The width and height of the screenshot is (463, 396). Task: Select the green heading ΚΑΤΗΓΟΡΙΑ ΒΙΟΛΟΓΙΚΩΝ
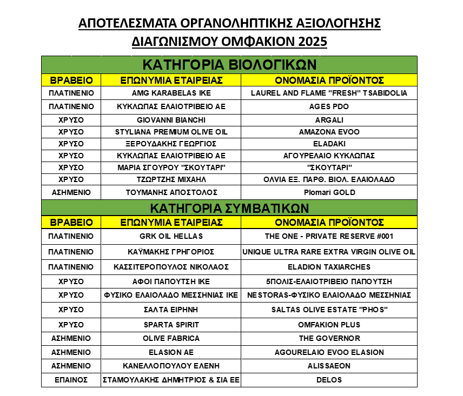[229, 64]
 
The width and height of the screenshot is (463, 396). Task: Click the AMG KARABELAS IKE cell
[171, 93]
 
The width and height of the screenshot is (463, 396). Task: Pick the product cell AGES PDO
[329, 106]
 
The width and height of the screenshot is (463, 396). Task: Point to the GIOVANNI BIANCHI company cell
[171, 120]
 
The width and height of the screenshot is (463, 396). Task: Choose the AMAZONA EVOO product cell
[329, 132]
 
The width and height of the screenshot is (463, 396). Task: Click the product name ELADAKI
[329, 144]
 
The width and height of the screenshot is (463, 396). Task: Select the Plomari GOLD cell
[329, 192]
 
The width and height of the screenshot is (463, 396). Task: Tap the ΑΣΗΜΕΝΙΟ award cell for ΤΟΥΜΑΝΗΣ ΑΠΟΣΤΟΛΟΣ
[71, 192]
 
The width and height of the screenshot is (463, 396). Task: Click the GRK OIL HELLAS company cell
[171, 236]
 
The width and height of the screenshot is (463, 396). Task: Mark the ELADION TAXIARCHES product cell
[329, 267]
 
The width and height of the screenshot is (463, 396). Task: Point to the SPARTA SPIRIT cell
[171, 325]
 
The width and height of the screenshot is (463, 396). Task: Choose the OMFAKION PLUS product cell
[329, 325]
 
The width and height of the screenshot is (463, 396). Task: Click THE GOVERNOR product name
[329, 338]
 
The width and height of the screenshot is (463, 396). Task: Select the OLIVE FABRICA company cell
[171, 338]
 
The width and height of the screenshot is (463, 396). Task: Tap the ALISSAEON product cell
[329, 366]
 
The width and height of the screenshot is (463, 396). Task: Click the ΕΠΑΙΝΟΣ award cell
[71, 380]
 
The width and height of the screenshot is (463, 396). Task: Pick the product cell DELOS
[329, 380]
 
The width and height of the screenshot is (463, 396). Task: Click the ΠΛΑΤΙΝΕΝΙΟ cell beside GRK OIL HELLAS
[71, 236]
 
